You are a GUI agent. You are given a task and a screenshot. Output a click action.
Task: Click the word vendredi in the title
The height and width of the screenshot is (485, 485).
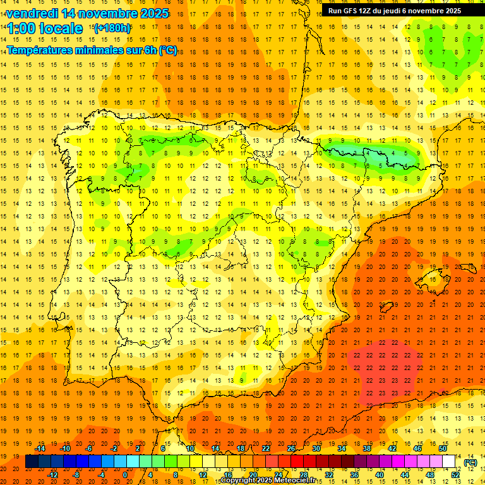32,13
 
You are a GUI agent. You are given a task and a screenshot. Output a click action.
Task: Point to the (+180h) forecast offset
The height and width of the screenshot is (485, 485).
112,28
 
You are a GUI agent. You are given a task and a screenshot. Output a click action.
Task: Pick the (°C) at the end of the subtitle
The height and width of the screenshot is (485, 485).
168,51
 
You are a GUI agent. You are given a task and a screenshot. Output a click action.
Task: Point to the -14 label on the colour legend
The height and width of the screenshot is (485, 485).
41,448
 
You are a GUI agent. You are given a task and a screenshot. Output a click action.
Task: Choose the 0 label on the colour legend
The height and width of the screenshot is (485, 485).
124,475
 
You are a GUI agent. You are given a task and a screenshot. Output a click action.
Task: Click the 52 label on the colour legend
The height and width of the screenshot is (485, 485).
455,475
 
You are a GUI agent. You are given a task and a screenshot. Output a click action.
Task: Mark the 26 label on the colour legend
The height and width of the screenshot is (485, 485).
291,448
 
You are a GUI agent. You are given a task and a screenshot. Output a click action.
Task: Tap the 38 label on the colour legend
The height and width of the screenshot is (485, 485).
366,448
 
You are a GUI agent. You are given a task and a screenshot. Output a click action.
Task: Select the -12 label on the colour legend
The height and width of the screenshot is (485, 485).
53,475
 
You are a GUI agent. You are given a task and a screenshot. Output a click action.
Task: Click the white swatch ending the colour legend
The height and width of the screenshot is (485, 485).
448,462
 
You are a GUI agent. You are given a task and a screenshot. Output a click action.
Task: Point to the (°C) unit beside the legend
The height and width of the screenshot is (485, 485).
470,462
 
